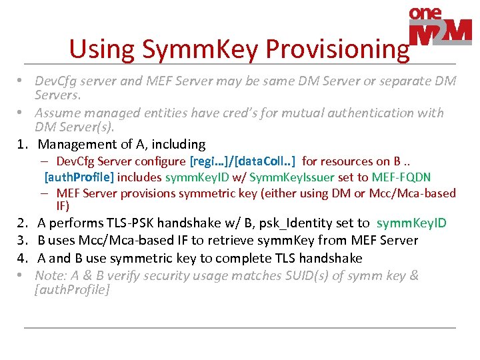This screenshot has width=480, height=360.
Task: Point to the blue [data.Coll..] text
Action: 265,161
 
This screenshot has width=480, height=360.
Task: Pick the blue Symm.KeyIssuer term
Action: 293,177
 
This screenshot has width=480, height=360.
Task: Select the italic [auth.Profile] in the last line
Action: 72,290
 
